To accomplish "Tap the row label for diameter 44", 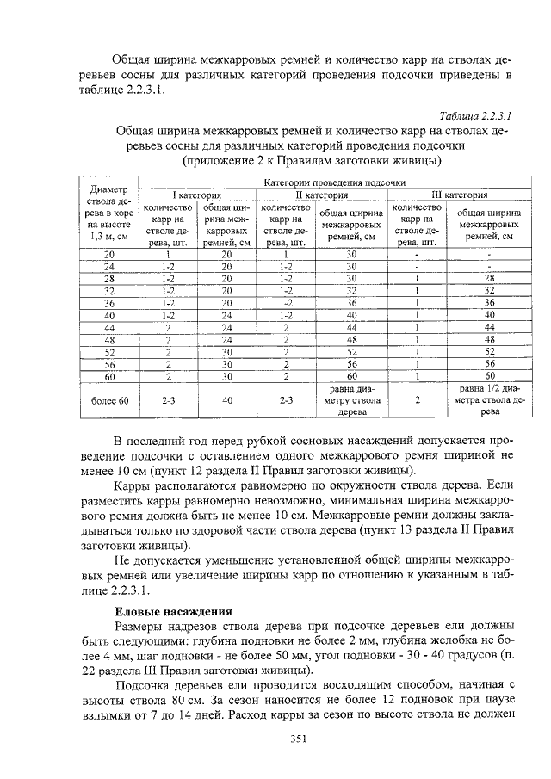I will (109, 328).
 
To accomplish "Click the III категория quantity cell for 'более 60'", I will (416, 400).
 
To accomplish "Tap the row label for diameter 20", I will (109, 255).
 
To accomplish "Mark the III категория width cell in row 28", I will (489, 279).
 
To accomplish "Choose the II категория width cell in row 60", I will (350, 376).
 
